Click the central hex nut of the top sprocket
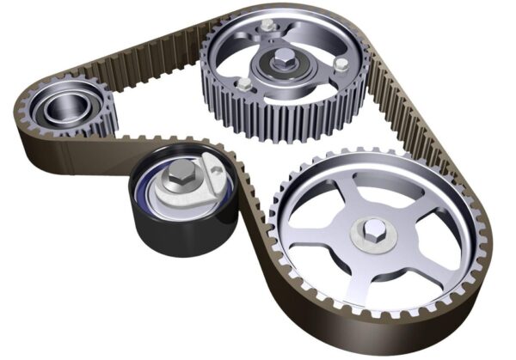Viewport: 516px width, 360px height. [283, 60]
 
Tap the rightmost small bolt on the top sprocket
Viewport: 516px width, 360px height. [341, 64]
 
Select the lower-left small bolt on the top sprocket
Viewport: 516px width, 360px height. [244, 84]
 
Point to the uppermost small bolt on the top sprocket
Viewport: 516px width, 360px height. [268, 27]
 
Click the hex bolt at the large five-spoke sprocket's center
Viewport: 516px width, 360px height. [375, 229]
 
